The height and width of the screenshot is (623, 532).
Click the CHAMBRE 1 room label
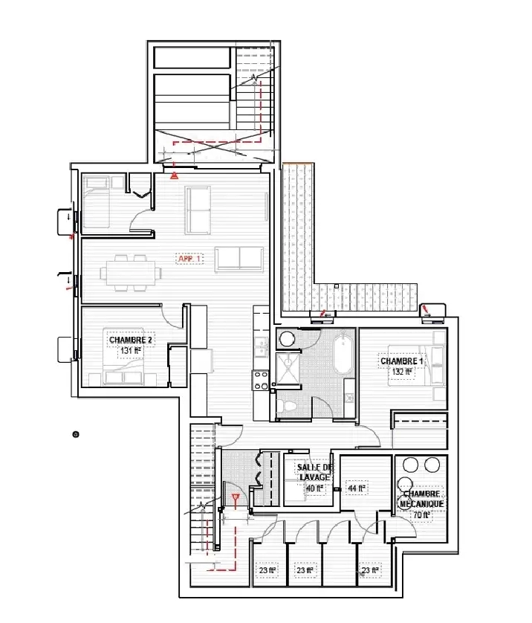[401, 361]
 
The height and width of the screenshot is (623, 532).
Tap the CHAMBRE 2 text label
[130, 340]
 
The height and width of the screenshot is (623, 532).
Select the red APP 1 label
[189, 259]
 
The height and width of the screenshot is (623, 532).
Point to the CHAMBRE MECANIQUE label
[422, 498]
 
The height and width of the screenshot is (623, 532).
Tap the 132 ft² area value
[401, 372]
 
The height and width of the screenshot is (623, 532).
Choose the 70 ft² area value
[422, 514]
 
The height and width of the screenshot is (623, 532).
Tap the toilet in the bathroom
[288, 405]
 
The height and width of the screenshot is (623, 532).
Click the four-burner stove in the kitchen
[261, 380]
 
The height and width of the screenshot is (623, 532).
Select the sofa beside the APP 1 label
[239, 258]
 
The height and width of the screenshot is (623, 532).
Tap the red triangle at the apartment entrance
[174, 176]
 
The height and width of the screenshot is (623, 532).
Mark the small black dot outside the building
[75, 433]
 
